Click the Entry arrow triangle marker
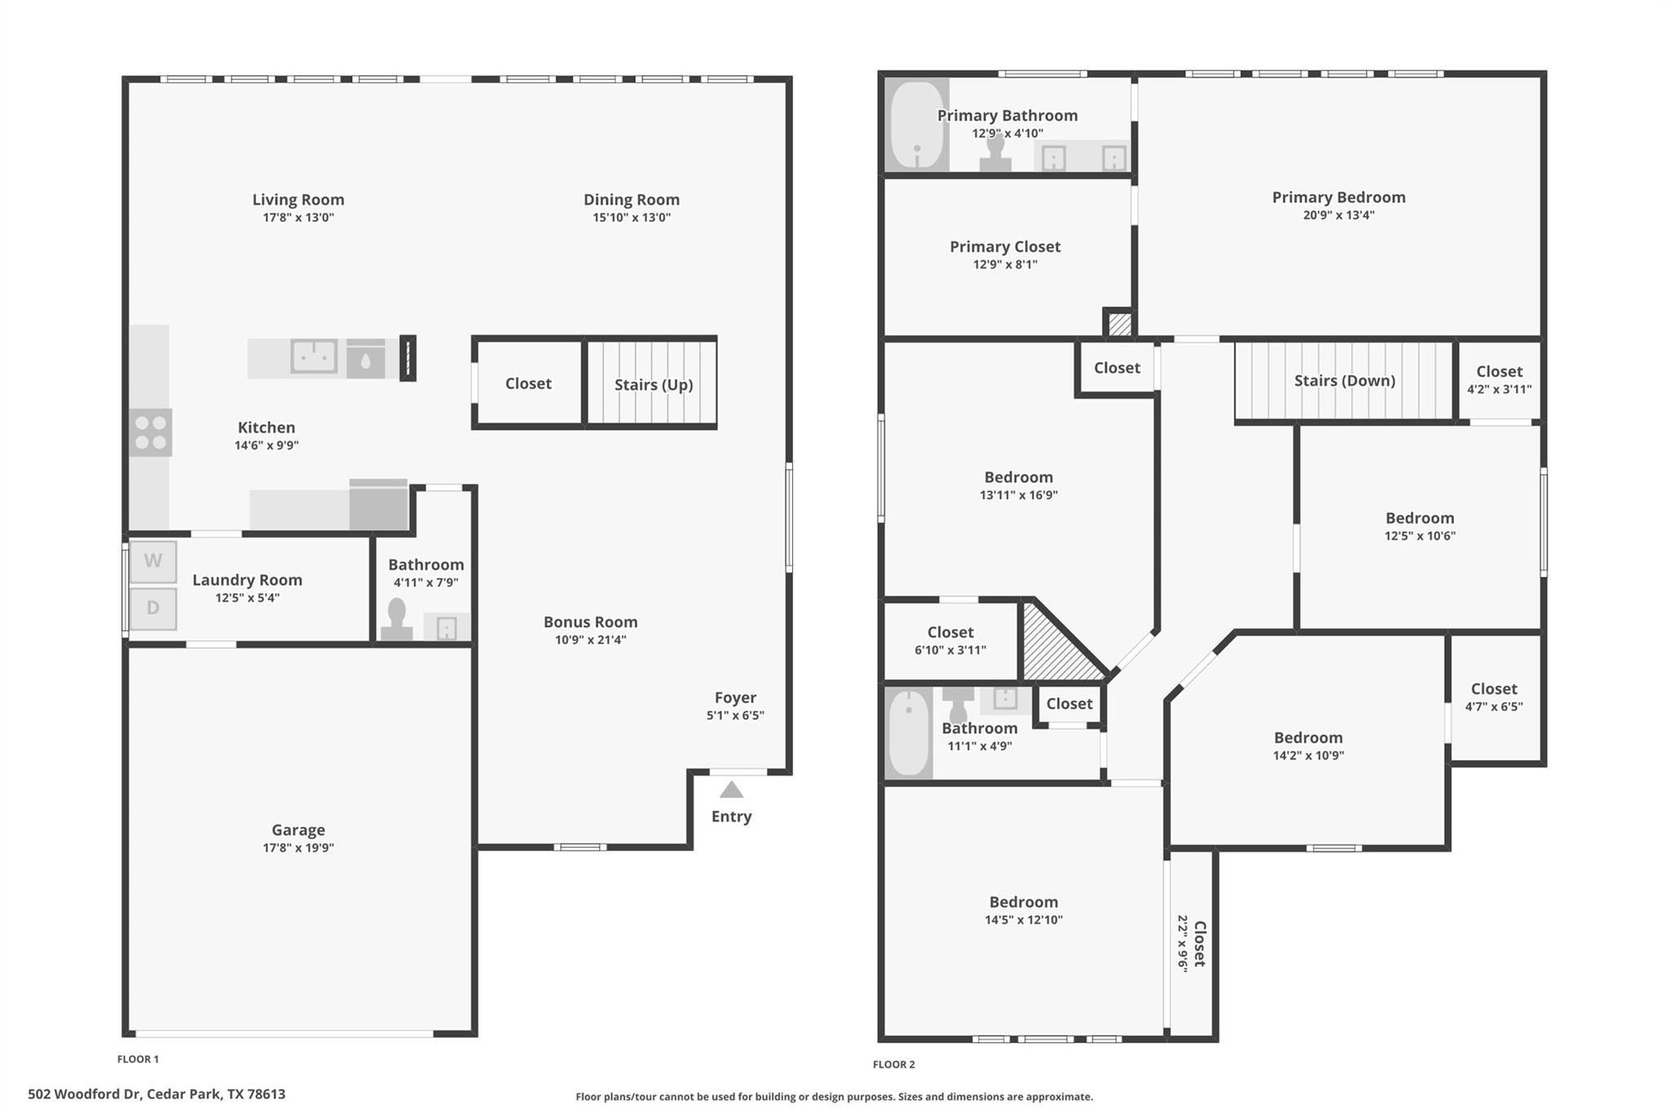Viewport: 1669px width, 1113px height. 731,789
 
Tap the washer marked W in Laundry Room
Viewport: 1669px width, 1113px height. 153,561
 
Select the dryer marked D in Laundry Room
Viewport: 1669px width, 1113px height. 153,608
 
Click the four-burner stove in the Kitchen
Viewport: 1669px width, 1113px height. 151,432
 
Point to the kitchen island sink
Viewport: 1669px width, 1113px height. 314,356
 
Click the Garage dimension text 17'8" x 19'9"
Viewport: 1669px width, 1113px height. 297,848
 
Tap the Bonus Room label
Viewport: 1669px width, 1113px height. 590,622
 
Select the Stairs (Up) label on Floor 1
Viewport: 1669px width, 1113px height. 653,384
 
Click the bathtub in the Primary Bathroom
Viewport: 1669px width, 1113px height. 917,125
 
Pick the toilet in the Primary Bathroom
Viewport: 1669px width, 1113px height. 995,153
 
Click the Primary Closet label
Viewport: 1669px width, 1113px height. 1005,246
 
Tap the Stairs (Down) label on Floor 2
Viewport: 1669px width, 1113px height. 1344,381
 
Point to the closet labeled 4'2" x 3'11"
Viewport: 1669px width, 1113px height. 1499,379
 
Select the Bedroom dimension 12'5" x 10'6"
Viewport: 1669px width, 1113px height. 1420,536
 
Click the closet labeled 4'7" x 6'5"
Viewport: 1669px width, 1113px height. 1494,696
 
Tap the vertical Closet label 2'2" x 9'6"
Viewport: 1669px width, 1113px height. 1191,943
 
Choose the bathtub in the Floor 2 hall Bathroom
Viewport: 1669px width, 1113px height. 909,733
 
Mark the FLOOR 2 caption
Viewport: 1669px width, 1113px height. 893,1064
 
